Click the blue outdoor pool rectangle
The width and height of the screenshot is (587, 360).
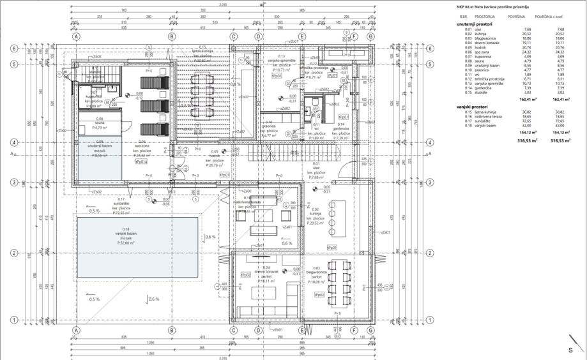coord(137,246)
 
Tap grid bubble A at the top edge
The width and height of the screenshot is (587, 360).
coord(76,36)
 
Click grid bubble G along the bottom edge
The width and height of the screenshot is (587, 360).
coord(370,330)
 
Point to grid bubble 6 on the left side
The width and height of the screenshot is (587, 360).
coord(13,49)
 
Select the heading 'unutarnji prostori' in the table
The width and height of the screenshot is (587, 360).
coord(474,24)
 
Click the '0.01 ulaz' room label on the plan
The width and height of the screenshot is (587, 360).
coord(317,169)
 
